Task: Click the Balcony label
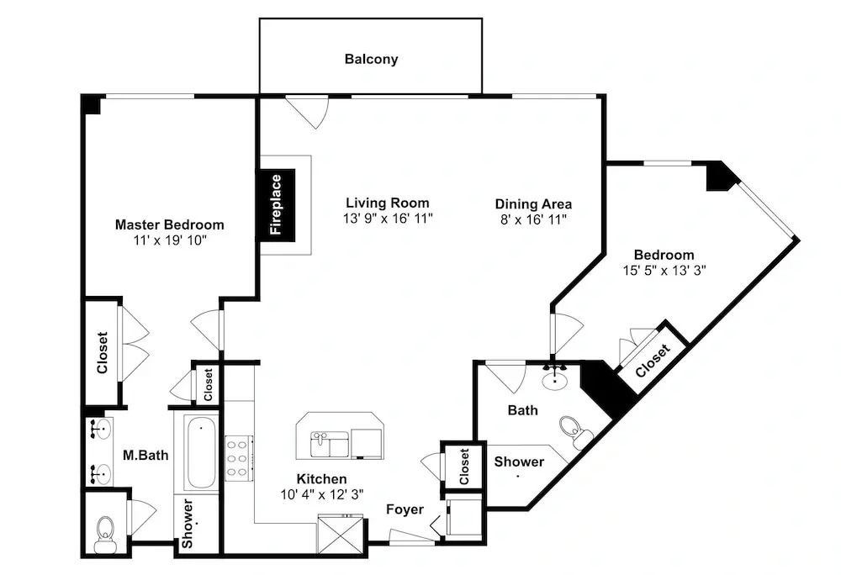click(x=371, y=59)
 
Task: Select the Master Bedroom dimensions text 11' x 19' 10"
click(x=170, y=240)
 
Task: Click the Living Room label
click(x=387, y=203)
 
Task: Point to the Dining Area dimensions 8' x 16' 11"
click(x=533, y=219)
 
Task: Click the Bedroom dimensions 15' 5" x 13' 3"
click(x=664, y=270)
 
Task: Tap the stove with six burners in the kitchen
click(x=239, y=458)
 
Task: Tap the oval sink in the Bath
click(x=554, y=380)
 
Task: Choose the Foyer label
click(x=405, y=509)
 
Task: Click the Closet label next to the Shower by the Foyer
click(x=464, y=467)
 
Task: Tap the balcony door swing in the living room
click(x=308, y=112)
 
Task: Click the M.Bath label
click(x=145, y=456)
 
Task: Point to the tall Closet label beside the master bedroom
click(x=102, y=352)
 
